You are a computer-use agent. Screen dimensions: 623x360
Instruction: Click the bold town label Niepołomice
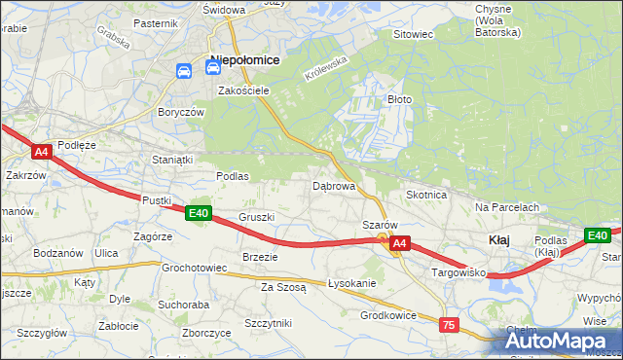pos(244,60)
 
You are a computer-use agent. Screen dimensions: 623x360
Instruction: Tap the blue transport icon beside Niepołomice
pos(184,71)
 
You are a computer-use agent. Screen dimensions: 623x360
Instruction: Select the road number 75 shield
pos(449,325)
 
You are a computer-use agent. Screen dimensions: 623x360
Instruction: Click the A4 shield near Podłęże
pos(41,152)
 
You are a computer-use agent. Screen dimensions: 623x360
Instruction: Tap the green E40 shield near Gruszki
pos(199,213)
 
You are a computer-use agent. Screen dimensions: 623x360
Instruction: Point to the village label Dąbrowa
pos(333,185)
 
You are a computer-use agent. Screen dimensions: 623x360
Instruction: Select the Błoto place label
pos(400,99)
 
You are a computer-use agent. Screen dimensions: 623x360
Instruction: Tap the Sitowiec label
pos(412,34)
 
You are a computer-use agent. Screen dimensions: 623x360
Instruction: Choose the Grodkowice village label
pos(388,315)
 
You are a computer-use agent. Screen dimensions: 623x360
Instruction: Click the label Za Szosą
pos(283,287)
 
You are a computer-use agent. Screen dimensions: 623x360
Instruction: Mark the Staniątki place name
pos(173,159)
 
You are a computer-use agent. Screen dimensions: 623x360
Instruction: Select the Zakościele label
pos(243,90)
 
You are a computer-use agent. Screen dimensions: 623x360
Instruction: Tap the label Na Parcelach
pos(507,207)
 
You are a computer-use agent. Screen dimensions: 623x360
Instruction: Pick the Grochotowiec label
pos(195,268)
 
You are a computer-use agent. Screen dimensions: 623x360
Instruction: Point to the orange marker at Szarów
pos(384,237)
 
